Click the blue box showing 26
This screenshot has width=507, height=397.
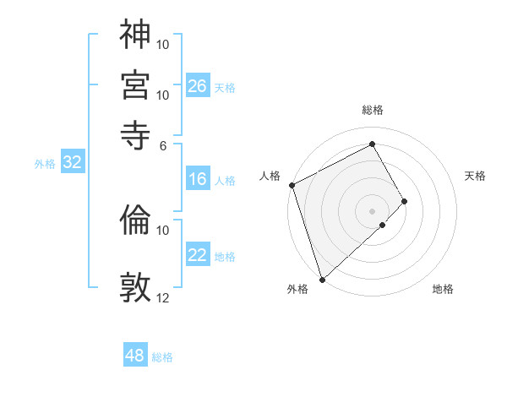(x=198, y=86)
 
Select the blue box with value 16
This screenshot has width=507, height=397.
(x=198, y=179)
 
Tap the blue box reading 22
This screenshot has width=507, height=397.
(x=198, y=255)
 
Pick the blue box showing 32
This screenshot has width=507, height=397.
(x=73, y=163)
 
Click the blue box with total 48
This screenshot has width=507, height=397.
(x=135, y=356)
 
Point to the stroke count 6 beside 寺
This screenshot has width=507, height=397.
(x=163, y=144)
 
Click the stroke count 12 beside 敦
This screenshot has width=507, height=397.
(x=163, y=297)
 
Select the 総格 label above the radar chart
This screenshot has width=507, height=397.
(x=372, y=110)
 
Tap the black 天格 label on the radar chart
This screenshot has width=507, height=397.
(x=475, y=176)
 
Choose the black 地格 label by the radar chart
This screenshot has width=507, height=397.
(x=443, y=289)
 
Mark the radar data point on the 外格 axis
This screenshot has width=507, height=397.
(x=321, y=279)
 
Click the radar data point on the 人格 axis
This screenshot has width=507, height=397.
(x=292, y=185)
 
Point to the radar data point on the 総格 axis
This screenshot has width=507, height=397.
(x=372, y=144)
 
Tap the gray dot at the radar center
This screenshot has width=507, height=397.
(x=372, y=210)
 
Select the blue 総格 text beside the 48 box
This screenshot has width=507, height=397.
(x=162, y=357)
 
